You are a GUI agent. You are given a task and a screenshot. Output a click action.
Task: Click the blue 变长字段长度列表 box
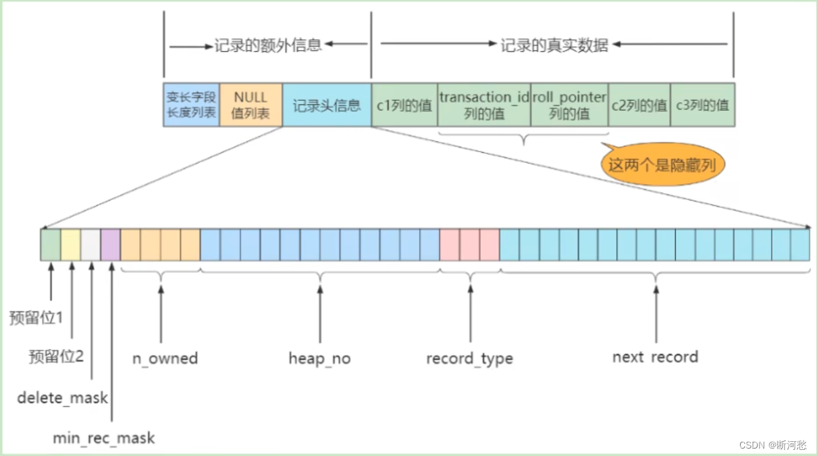click(191, 105)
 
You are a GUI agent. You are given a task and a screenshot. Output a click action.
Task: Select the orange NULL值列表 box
click(251, 105)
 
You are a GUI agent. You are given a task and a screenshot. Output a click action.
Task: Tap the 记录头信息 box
click(327, 105)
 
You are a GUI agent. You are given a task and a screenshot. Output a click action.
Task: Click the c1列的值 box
click(404, 105)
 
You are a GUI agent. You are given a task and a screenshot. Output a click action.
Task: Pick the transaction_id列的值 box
click(484, 105)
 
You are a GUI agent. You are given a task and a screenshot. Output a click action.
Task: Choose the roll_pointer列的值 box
click(569, 105)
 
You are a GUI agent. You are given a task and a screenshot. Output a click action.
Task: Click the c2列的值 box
click(639, 105)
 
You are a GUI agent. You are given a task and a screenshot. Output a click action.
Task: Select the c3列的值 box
click(702, 105)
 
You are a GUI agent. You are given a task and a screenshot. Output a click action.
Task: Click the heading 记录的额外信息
click(268, 46)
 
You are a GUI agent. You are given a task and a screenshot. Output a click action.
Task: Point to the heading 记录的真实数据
click(554, 46)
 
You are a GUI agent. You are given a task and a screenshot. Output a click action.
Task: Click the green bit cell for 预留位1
click(51, 245)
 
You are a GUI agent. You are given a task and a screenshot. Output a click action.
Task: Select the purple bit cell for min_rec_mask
click(111, 245)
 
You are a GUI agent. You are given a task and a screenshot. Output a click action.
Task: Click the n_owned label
click(165, 358)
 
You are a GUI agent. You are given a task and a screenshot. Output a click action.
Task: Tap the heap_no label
click(319, 358)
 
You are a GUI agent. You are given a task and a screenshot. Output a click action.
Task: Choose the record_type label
click(469, 358)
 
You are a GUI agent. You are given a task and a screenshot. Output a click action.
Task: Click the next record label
click(655, 357)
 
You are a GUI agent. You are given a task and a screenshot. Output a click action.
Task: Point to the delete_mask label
click(62, 398)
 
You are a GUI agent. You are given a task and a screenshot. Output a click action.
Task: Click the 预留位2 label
click(56, 357)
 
